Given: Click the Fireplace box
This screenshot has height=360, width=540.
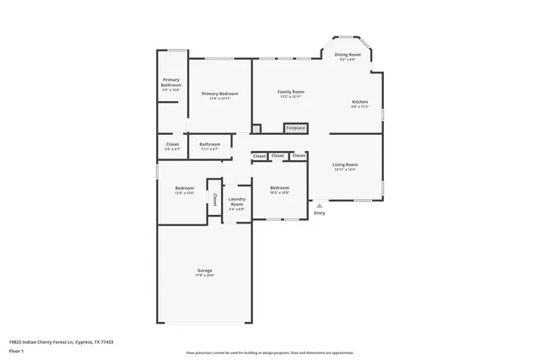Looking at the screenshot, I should point(295,128).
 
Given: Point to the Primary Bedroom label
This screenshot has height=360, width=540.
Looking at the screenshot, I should point(219,95).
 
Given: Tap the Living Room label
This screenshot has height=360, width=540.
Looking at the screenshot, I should point(345,166).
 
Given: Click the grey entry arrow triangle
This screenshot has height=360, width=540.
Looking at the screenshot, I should point(319,204).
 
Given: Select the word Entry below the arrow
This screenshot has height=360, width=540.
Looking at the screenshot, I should point(319,212).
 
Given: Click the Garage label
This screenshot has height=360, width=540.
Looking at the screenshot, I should point(205,272).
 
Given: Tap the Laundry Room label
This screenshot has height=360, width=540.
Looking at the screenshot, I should point(237,203).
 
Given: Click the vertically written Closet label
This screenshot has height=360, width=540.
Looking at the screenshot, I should point(214,200).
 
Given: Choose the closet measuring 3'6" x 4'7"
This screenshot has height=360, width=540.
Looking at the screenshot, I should point(172,147).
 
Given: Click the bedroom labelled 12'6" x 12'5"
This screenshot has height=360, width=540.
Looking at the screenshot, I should point(185,190).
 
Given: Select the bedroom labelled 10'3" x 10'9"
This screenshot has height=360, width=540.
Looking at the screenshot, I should point(279,190).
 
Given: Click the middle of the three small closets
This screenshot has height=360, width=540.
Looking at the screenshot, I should point(278,156).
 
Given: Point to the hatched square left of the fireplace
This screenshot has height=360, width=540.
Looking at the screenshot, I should point(256,128).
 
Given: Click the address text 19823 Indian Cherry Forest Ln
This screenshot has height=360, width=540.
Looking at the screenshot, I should point(61,341).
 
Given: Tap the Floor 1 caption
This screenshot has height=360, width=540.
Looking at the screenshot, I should point(17,350).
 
